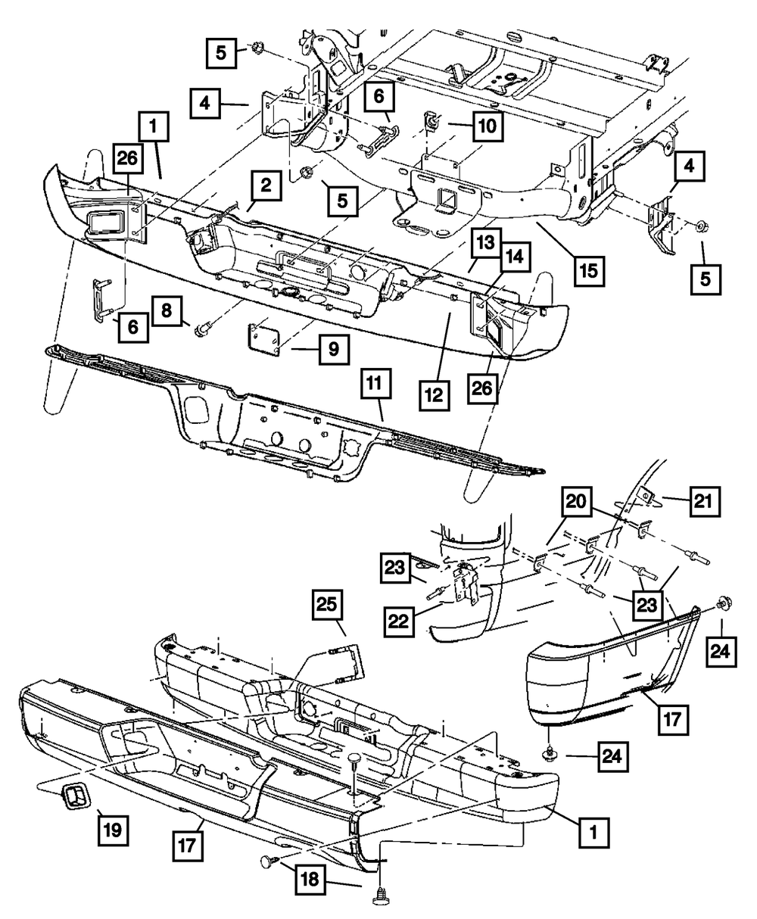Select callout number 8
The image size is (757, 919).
coord(167,310)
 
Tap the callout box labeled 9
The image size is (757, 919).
coord(334,350)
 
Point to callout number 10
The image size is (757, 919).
coord(486,126)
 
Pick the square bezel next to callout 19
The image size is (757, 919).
coord(73,796)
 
